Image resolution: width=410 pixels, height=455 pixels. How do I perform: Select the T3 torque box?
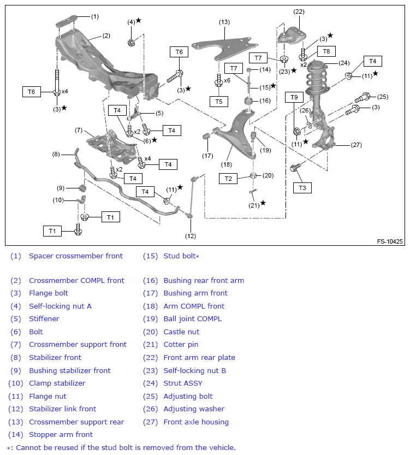click(x=302, y=188)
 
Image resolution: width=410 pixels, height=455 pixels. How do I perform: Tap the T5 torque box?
click(x=219, y=101)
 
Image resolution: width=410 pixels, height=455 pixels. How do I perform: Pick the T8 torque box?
click(x=326, y=51)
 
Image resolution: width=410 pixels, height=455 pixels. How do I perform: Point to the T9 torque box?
click(x=294, y=97)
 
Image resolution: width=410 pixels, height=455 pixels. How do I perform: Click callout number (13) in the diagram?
click(x=224, y=22)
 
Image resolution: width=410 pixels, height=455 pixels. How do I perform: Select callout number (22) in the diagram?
click(x=299, y=11)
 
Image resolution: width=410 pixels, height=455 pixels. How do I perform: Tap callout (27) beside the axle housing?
click(x=356, y=145)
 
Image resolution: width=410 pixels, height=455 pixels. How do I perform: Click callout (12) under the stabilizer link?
click(x=190, y=236)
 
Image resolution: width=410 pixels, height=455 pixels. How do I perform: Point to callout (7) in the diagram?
click(x=79, y=130)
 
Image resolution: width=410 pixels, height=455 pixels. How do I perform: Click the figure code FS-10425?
click(x=389, y=241)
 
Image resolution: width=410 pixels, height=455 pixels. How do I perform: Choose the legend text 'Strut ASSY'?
click(x=182, y=383)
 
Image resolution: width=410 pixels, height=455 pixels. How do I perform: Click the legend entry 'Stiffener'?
click(x=44, y=319)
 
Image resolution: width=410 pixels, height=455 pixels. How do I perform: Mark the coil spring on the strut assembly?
click(x=317, y=82)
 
